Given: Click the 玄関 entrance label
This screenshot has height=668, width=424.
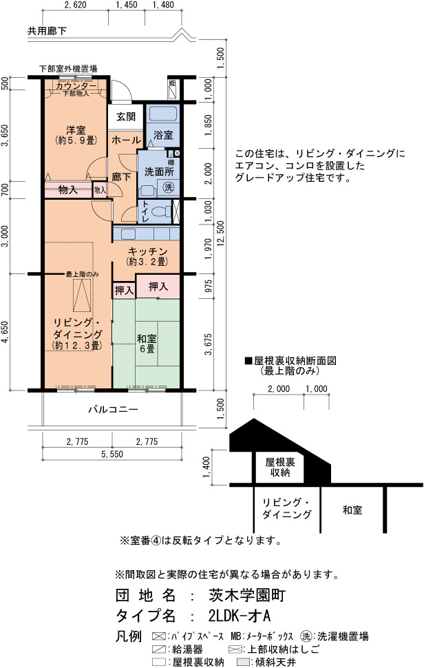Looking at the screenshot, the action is (126, 116).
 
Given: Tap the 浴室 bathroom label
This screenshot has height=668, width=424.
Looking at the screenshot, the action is (163, 135).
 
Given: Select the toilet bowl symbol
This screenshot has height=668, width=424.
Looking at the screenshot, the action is (163, 211).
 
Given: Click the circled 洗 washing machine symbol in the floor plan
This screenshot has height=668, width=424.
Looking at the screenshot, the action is (169, 187).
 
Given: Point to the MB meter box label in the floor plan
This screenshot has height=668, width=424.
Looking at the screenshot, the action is (172, 83).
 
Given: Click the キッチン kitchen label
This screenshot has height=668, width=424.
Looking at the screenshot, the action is (147, 251).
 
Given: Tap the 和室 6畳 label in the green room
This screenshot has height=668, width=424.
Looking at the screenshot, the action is (147, 344).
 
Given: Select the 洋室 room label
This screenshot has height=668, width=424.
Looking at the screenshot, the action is (76, 130).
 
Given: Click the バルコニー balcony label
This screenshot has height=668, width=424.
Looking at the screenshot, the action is (113, 410).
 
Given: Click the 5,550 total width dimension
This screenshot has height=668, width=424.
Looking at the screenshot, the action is (112, 454).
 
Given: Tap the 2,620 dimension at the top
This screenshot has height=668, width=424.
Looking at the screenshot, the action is (75, 5).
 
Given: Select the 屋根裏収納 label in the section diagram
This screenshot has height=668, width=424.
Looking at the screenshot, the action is (280, 468).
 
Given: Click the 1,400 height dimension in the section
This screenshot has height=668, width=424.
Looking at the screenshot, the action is (207, 468).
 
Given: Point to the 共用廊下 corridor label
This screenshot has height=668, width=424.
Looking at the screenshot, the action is (47, 31).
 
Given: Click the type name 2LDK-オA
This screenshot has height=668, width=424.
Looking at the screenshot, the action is (240, 616).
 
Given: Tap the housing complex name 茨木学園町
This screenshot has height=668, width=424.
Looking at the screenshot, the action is (247, 595).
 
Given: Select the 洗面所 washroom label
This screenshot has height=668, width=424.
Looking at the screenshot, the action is (159, 171).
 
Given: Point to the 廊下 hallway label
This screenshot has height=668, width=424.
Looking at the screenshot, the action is (121, 177).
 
